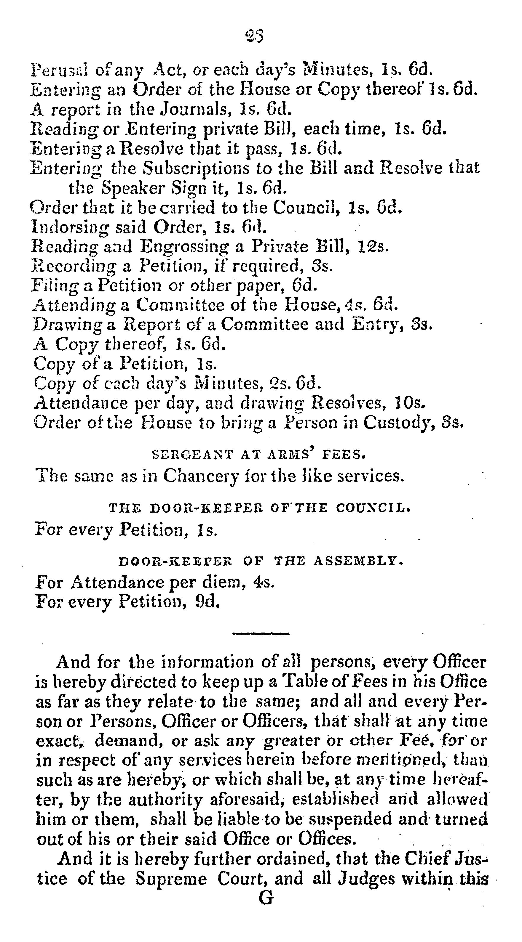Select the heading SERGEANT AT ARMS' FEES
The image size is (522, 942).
259,455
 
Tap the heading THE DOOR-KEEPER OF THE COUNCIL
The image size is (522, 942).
260,508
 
